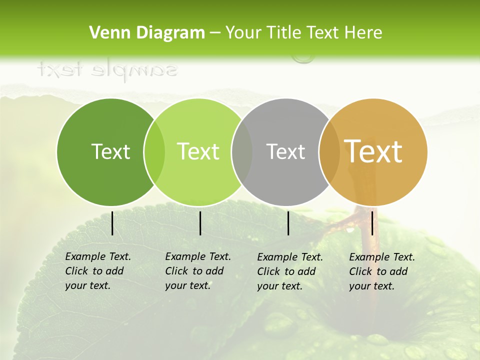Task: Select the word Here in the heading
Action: (364, 33)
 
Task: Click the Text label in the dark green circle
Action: (110, 151)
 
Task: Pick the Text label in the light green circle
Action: (198, 151)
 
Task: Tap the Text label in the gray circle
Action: (285, 151)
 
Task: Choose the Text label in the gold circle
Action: (373, 151)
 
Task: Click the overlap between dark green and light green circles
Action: (154, 152)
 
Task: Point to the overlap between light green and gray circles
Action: (242, 152)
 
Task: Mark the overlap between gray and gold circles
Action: (329, 152)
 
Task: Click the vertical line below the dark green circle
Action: (112, 223)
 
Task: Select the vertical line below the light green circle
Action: (200, 223)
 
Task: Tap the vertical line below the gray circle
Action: (288, 223)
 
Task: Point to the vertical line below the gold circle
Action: (372, 223)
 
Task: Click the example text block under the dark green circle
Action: (98, 271)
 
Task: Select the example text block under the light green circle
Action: (198, 271)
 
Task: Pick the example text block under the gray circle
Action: (290, 271)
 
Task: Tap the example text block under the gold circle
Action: (382, 271)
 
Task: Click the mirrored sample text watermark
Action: (107, 69)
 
